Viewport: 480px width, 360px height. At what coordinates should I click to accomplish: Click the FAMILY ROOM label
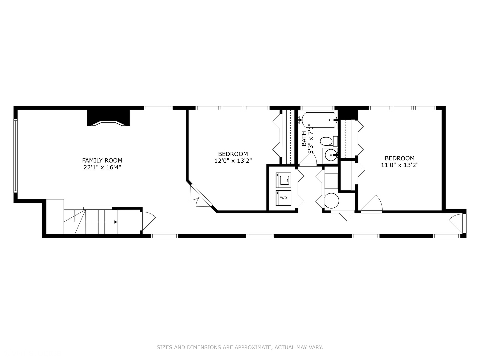pyautogui.click(x=102, y=160)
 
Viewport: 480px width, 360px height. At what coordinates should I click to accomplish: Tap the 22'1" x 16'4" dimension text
pyautogui.click(x=102, y=167)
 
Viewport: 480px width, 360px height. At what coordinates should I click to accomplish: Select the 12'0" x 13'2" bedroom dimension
pyautogui.click(x=233, y=161)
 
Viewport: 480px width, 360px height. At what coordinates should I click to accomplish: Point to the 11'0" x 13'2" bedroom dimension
pyautogui.click(x=399, y=165)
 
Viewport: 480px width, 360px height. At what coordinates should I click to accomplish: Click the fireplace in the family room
pyautogui.click(x=108, y=118)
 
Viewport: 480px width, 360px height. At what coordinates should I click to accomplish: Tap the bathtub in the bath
pyautogui.click(x=318, y=120)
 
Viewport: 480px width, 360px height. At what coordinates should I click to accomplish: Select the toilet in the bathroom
pyautogui.click(x=328, y=141)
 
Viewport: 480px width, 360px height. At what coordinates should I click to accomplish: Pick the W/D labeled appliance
pyautogui.click(x=283, y=198)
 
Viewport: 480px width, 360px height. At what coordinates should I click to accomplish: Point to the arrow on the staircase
pyautogui.click(x=115, y=222)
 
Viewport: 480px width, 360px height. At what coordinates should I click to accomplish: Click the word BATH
pyautogui.click(x=304, y=139)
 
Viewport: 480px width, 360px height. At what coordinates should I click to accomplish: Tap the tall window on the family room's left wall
pyautogui.click(x=15, y=155)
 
